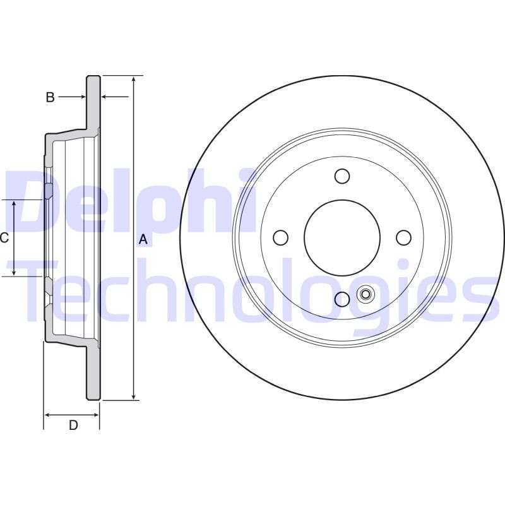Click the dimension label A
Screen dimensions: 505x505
[143, 239]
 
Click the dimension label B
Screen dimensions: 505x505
[50, 97]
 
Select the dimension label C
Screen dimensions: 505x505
[4, 238]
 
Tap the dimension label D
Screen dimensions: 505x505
[73, 425]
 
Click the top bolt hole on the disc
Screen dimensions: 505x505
[342, 176]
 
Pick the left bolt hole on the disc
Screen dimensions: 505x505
[281, 237]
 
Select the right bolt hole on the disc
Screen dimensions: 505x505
[403, 237]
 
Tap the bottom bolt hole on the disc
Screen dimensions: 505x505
[342, 299]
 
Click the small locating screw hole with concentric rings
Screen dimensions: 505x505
[365, 294]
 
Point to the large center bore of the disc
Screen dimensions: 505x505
[342, 237]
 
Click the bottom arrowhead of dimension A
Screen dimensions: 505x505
[134, 396]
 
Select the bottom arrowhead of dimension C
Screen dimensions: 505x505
[15, 273]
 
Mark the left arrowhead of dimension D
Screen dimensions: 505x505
[47, 415]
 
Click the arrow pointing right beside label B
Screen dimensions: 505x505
[82, 97]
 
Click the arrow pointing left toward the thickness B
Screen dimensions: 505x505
[105, 97]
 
